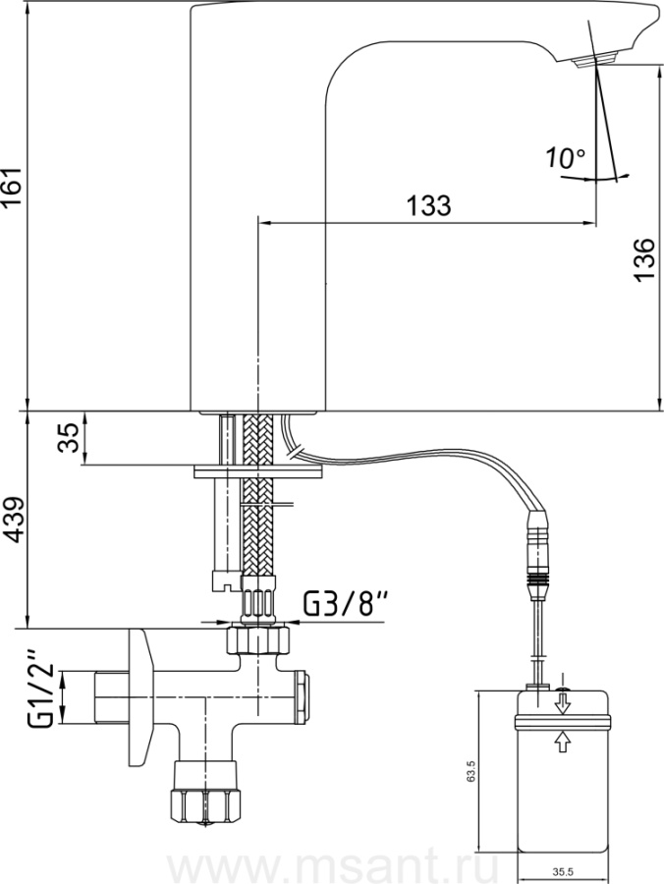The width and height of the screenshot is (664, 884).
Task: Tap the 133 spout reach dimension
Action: [x=429, y=206]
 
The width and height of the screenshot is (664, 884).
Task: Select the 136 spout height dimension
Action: [x=644, y=258]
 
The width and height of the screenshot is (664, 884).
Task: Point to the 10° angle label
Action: [x=566, y=158]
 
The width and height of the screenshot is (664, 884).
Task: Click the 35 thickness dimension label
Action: [x=71, y=438]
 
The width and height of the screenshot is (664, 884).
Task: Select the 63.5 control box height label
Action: [x=471, y=771]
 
